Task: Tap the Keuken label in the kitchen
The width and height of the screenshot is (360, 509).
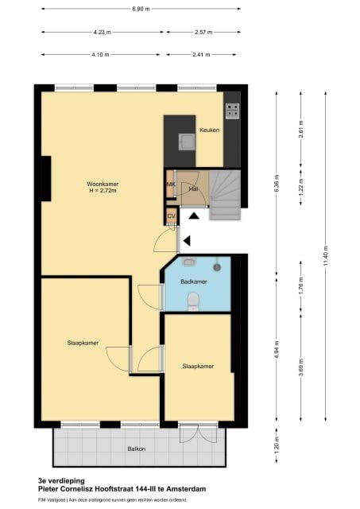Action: pyautogui.click(x=209, y=130)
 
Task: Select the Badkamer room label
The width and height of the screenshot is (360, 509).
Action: pyautogui.click(x=193, y=282)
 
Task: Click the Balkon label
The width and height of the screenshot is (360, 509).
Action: pyautogui.click(x=137, y=449)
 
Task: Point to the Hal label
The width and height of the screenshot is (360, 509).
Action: pyautogui.click(x=193, y=188)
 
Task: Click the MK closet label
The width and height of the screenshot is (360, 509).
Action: pyautogui.click(x=170, y=185)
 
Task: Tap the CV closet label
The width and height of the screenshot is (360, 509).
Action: pyautogui.click(x=171, y=216)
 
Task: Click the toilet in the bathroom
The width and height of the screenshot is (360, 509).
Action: pyautogui.click(x=192, y=300)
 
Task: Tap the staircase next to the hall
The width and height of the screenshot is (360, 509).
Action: pyautogui.click(x=224, y=195)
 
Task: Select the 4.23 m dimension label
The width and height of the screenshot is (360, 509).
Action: pyautogui.click(x=101, y=32)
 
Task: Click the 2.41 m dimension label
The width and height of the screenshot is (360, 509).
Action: pyautogui.click(x=203, y=55)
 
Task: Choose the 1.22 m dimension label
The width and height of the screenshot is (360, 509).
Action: pyautogui.click(x=300, y=188)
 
